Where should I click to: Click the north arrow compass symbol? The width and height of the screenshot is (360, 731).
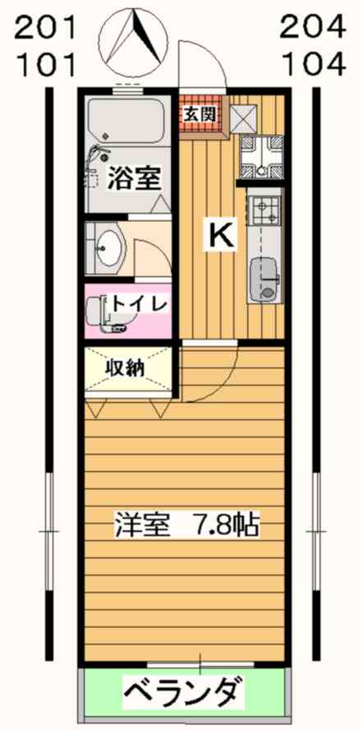pyautogui.click(x=134, y=40)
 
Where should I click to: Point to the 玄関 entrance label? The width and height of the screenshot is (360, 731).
pyautogui.click(x=200, y=114)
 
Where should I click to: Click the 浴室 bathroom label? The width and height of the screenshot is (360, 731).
pyautogui.click(x=135, y=178)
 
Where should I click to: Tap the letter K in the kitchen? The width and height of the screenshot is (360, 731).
pyautogui.click(x=220, y=235)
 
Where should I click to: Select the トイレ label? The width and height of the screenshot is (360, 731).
pyautogui.click(x=138, y=305)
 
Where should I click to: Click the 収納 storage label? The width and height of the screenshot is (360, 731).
pyautogui.click(x=123, y=368)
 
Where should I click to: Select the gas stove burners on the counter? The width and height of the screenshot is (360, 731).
pyautogui.click(x=265, y=210)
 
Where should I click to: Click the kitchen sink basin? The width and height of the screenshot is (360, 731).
pyautogui.click(x=264, y=280)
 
